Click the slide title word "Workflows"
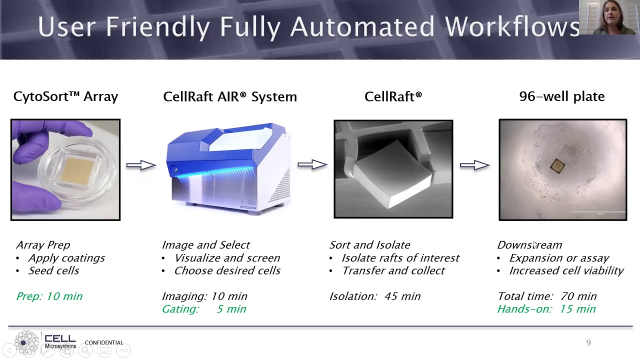tap(512, 26)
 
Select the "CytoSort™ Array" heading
tap(65, 96)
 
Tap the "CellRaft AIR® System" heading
tap(230, 96)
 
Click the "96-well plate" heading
tap(561, 96)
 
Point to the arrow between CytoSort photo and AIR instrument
tap(141, 164)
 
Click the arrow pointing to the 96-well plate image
tap(474, 164)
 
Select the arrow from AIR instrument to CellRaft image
tap(312, 164)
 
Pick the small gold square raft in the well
tap(557, 166)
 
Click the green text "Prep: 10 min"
tap(49, 296)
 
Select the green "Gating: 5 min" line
tap(204, 309)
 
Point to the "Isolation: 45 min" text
tap(375, 296)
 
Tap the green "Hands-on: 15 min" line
tap(546, 309)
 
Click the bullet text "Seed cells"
tap(53, 270)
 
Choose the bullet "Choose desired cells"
tap(227, 270)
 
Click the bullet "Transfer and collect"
tap(393, 270)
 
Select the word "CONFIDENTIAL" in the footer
tap(104, 342)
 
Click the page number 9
tap(588, 342)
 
